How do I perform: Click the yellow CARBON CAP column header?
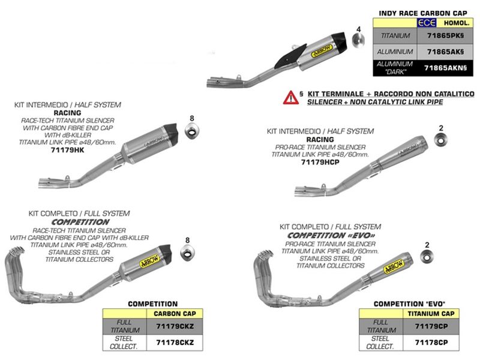click(175, 313)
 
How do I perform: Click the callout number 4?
click(359, 29)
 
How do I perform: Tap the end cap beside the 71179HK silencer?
click(192, 131)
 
